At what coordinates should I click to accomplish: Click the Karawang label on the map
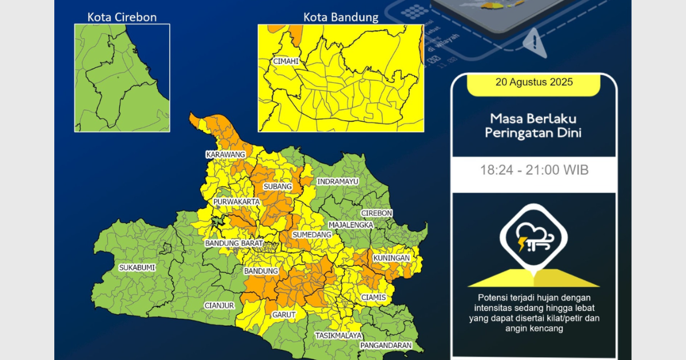(226, 155)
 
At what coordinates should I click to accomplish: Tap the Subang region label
(278, 187)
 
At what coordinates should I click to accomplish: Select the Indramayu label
(338, 182)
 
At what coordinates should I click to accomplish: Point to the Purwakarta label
(237, 202)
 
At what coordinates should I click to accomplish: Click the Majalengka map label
(350, 225)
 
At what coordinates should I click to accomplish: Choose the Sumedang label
(312, 235)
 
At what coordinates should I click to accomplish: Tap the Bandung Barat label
(234, 243)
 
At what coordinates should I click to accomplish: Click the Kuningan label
(392, 258)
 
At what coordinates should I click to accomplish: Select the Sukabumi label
(137, 267)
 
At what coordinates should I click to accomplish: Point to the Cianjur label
(220, 306)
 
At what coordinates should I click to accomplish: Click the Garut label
(284, 315)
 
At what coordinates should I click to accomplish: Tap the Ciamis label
(373, 298)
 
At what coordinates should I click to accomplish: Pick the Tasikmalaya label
(339, 335)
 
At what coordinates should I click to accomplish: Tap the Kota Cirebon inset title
(122, 17)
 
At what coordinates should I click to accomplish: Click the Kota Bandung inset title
(341, 17)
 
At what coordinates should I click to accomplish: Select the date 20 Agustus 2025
(534, 82)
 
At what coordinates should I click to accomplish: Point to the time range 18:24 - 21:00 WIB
(534, 170)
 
